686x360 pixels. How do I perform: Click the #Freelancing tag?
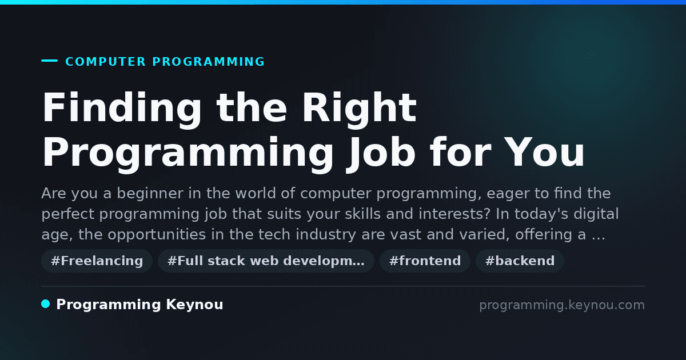pos(97,261)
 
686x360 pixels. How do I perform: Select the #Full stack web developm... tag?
pos(266,261)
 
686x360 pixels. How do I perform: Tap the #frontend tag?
pos(425,261)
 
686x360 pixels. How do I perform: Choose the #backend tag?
pos(520,261)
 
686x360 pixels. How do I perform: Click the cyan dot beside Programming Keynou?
pos(46,304)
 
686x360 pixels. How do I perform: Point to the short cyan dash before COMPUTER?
pos(49,61)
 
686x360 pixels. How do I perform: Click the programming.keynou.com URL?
pos(562,305)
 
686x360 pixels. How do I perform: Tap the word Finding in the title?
pos(122,109)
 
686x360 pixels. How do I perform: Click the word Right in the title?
pos(360,109)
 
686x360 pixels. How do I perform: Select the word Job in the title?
pos(381,152)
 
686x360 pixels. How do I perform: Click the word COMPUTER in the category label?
pos(105,62)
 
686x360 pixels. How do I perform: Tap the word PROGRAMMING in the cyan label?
pos(208,62)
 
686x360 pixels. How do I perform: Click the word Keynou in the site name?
pos(194,305)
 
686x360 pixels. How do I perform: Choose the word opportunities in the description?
pos(157,235)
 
